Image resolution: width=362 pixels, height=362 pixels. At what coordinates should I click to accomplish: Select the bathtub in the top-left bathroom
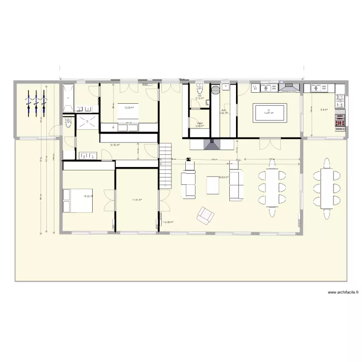point(68,98)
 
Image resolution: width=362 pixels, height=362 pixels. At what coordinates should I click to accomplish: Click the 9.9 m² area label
point(324,110)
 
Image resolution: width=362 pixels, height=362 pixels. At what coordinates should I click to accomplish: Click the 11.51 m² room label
point(137,200)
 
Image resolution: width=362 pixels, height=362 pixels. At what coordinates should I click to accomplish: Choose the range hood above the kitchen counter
point(290,88)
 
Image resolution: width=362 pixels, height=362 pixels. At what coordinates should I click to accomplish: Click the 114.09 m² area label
point(168,222)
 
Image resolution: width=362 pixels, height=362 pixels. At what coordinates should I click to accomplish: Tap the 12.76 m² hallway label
point(115,144)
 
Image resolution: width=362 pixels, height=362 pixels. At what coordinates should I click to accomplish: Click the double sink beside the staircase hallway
point(88,155)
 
